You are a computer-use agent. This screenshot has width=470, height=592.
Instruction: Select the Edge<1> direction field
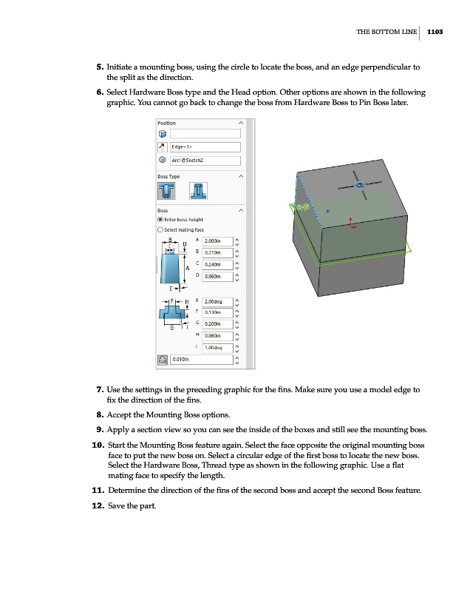[205, 147]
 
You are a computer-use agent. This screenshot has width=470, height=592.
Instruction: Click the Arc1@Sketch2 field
[205, 160]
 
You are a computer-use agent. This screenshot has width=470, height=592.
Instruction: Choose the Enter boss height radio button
[160, 219]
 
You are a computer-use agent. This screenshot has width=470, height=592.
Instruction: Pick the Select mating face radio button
[160, 229]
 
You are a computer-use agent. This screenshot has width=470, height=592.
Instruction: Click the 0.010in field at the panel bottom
[199, 360]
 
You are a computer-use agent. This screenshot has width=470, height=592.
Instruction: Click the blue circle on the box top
[360, 185]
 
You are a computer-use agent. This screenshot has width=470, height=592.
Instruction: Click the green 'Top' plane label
[302, 208]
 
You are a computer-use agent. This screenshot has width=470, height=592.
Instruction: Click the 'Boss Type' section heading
[168, 176]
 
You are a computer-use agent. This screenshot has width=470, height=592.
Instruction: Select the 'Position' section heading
[166, 123]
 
